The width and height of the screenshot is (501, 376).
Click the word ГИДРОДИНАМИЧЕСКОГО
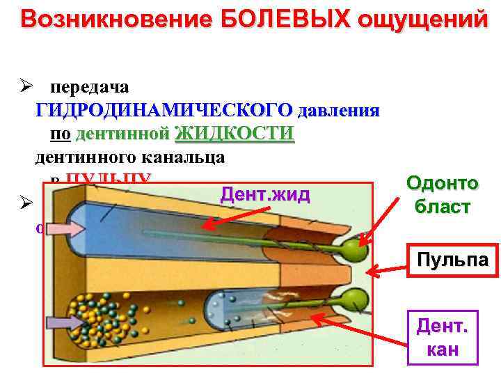[164, 111]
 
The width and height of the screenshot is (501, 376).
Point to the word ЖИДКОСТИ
[234, 133]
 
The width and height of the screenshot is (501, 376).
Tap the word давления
[338, 111]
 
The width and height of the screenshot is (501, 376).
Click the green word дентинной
[123, 133]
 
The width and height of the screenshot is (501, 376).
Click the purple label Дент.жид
[264, 195]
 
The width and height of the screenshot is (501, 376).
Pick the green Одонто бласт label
[443, 194]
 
